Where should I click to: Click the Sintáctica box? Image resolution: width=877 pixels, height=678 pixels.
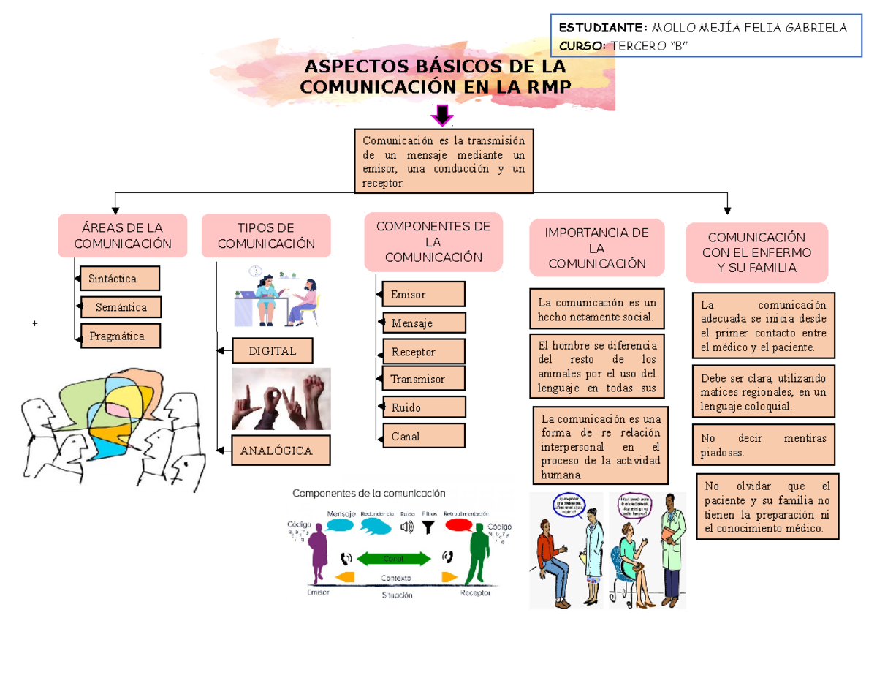click(120, 279)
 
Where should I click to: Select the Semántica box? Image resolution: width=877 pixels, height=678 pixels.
click(121, 307)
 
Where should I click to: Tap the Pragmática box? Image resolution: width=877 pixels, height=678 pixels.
click(120, 336)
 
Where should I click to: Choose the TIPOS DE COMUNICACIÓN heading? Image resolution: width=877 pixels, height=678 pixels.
click(266, 236)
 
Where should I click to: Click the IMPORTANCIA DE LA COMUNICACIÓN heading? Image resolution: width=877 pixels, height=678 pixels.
click(597, 248)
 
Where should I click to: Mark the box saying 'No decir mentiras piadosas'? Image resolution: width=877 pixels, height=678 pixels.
click(763, 445)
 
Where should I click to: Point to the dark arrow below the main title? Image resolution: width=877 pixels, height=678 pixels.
click(441, 116)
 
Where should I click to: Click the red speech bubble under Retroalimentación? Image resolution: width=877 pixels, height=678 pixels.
click(459, 525)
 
